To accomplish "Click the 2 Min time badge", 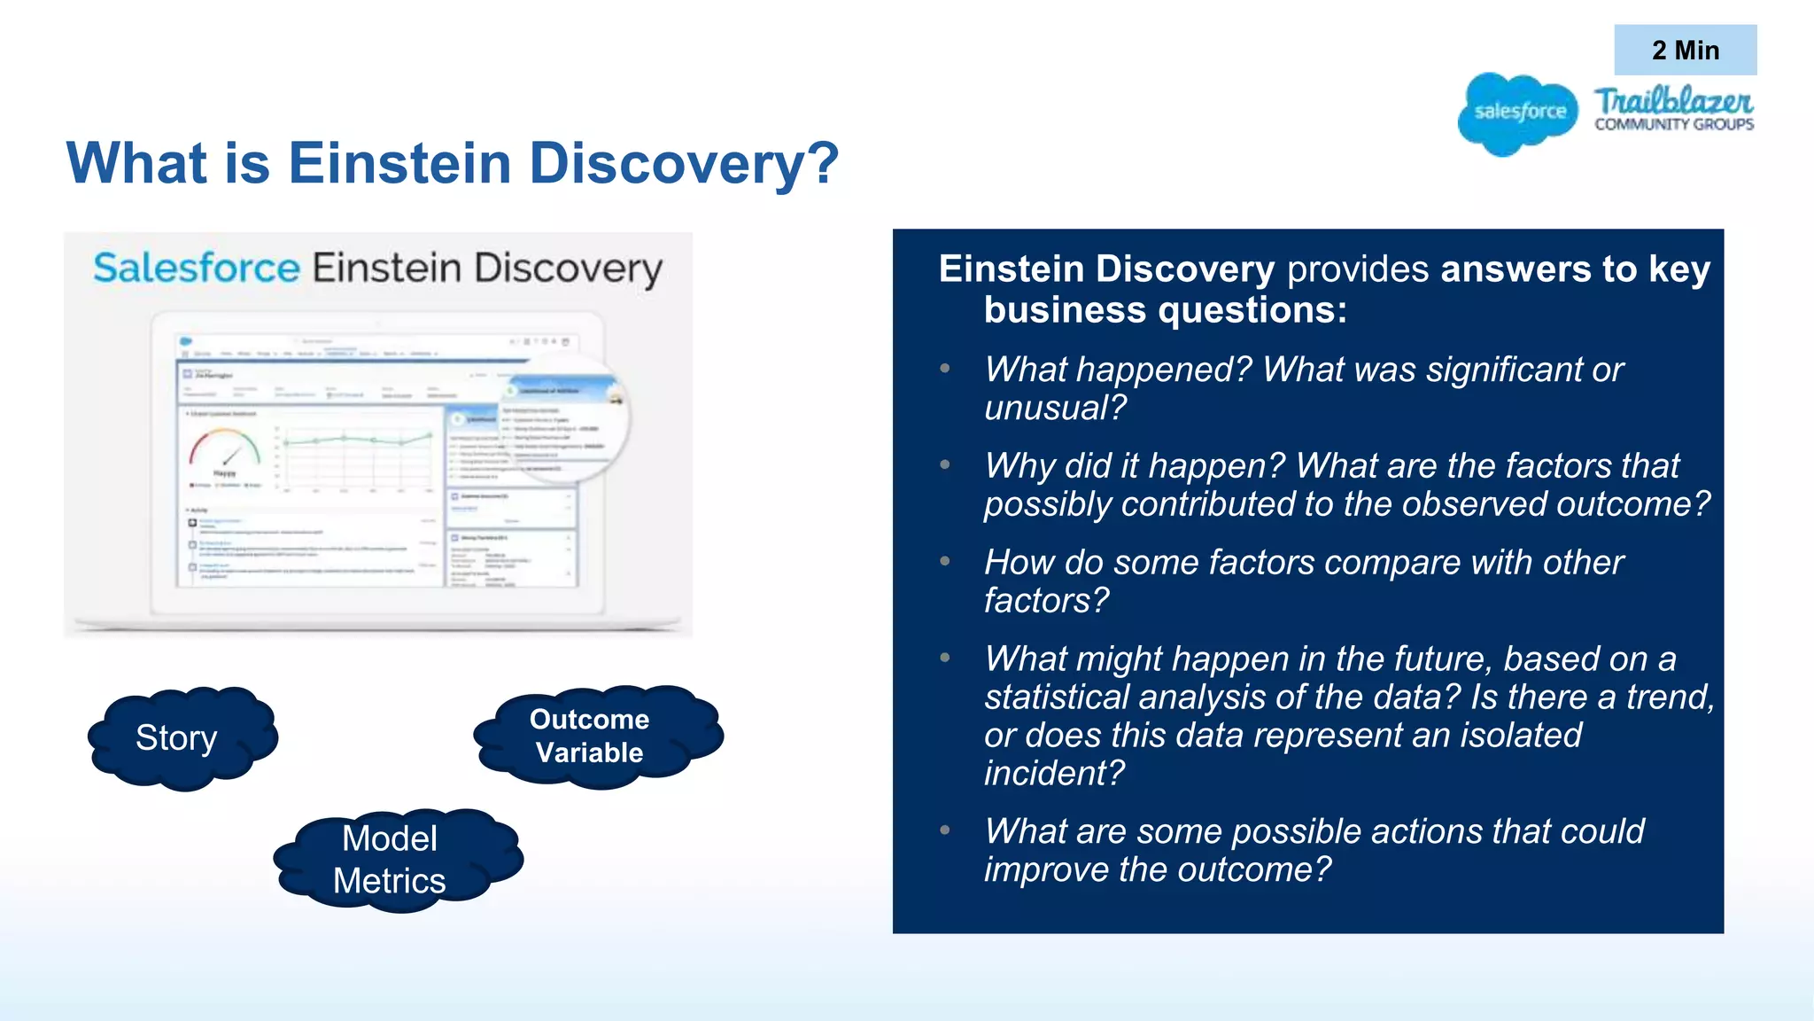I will [x=1685, y=50].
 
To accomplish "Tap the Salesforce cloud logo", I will [x=1518, y=113].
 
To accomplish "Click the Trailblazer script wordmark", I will [x=1672, y=100].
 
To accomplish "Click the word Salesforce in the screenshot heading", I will [x=197, y=268].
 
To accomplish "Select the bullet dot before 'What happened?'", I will [x=945, y=369].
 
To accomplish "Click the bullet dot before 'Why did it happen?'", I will [x=945, y=464].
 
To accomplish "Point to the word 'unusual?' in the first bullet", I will [x=1055, y=408].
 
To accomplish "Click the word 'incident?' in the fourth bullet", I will [x=1053, y=773].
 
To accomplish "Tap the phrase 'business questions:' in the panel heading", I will [x=1165, y=310].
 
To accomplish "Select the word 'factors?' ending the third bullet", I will [x=1045, y=601].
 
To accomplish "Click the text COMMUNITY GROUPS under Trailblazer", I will [x=1673, y=125].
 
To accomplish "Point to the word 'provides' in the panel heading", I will [x=1357, y=269].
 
